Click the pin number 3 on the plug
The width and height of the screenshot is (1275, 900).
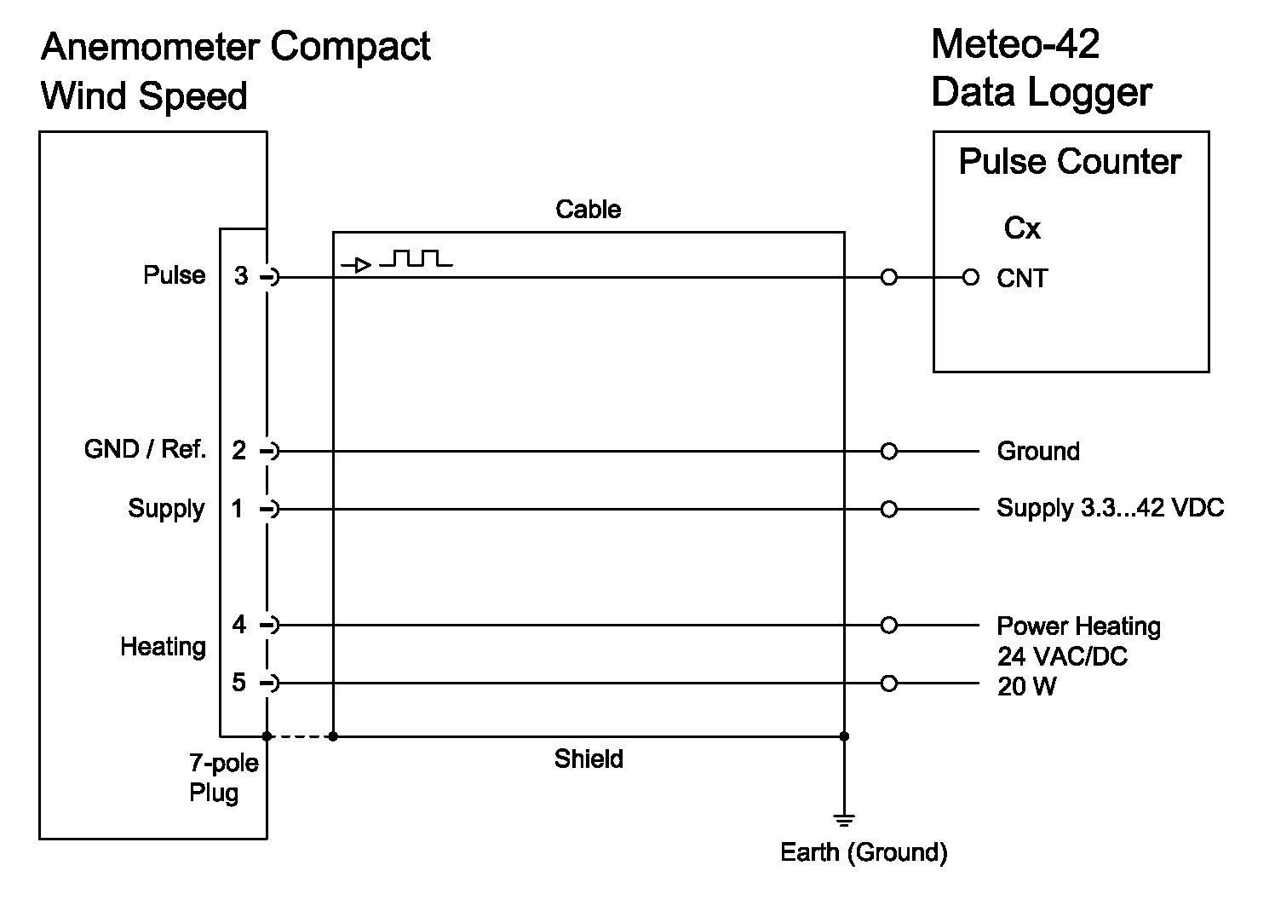[242, 276]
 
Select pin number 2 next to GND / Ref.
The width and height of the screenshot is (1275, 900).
[239, 450]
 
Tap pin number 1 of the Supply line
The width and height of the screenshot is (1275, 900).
[238, 509]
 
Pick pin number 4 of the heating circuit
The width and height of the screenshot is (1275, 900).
[239, 625]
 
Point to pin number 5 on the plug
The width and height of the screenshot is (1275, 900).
[239, 683]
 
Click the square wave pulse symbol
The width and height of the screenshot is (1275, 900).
[416, 258]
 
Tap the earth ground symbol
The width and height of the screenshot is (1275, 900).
[844, 821]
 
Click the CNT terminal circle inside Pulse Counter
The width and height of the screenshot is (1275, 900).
[970, 278]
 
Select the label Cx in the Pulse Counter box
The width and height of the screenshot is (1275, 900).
[1022, 228]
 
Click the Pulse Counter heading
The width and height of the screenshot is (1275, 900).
[1070, 162]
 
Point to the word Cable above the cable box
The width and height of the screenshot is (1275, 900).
[588, 210]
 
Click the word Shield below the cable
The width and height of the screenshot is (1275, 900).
[589, 759]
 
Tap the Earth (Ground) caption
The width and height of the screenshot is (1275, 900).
[864, 852]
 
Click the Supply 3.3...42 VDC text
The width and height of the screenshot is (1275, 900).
[1110, 508]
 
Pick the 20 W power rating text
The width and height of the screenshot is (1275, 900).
[1026, 687]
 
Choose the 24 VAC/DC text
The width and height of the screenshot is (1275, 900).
[1062, 657]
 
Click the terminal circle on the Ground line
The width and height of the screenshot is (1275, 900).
[889, 451]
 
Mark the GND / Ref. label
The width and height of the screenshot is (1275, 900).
[146, 449]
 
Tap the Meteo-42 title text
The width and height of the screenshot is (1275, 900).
[1015, 44]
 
